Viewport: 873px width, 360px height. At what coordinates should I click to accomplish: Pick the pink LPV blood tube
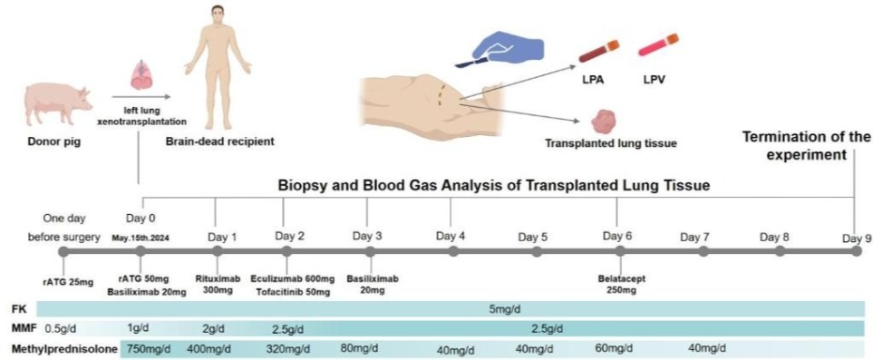(x=658, y=45)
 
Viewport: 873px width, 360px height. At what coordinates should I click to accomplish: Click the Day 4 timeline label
(x=451, y=236)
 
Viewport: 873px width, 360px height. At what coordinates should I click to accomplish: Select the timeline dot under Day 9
(x=857, y=251)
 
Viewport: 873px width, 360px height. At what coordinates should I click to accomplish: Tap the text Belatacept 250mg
(x=619, y=285)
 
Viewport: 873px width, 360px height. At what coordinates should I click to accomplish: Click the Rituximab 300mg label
(x=218, y=285)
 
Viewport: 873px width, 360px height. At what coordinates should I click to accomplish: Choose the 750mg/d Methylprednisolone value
(x=150, y=349)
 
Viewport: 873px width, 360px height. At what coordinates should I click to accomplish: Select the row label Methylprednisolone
(x=64, y=349)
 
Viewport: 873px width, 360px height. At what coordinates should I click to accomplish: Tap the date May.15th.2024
(x=141, y=237)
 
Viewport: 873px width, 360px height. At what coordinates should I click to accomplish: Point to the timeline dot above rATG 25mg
(x=63, y=252)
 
